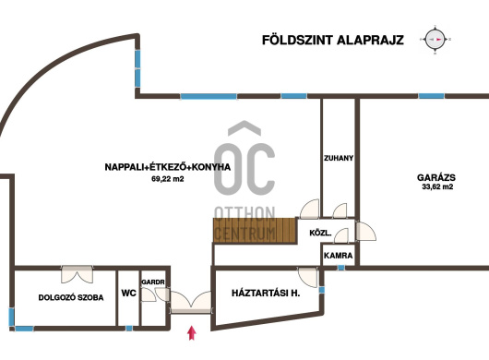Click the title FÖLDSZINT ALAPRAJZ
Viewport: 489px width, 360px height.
[x=333, y=40]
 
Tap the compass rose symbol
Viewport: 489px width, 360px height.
[x=435, y=40]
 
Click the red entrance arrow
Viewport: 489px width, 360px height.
[x=192, y=332]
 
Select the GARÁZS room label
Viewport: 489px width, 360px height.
[x=436, y=177]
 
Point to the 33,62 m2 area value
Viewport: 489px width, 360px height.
[x=437, y=186]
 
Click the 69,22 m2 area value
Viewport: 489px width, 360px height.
[x=168, y=179]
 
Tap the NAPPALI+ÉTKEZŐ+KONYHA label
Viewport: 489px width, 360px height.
[x=168, y=167]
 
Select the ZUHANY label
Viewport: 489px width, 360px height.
[x=339, y=158]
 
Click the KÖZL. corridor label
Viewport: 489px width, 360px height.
[x=320, y=233]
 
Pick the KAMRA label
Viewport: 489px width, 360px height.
[x=338, y=256]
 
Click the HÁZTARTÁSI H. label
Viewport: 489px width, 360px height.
[x=266, y=293]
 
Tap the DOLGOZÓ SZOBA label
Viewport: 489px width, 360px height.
[x=71, y=297]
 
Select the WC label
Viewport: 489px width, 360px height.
[x=128, y=293]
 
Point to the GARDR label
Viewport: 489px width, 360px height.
[x=153, y=282]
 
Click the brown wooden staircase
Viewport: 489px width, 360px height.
[x=255, y=230]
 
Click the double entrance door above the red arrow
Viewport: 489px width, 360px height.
[x=191, y=302]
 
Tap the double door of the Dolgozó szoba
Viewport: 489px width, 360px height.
[x=77, y=274]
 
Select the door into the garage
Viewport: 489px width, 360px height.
[x=365, y=231]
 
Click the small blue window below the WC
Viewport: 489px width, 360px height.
[x=129, y=329]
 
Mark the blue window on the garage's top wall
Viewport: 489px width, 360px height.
[x=431, y=96]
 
